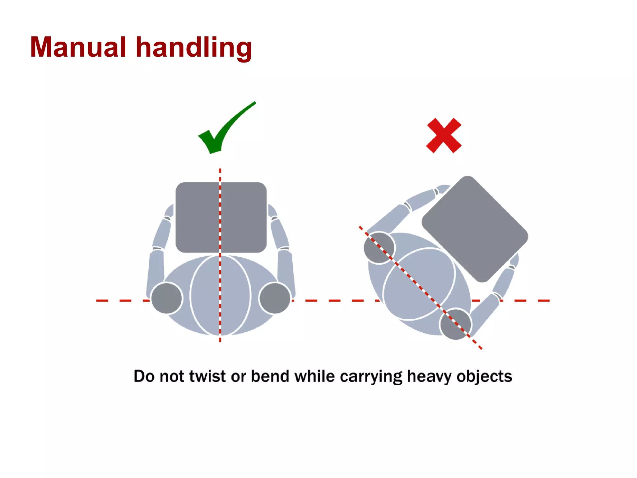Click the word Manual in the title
pyautogui.click(x=78, y=47)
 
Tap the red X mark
pyautogui.click(x=444, y=135)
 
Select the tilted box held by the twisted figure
pyautogui.click(x=475, y=229)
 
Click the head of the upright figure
pyautogui.click(x=220, y=296)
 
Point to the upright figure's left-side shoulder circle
pyautogui.click(x=167, y=298)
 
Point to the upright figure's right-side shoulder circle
pyautogui.click(x=275, y=298)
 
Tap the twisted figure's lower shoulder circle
pyautogui.click(x=455, y=324)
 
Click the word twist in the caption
pyautogui.click(x=207, y=376)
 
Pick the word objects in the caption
pyautogui.click(x=484, y=377)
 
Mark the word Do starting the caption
pyautogui.click(x=144, y=376)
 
